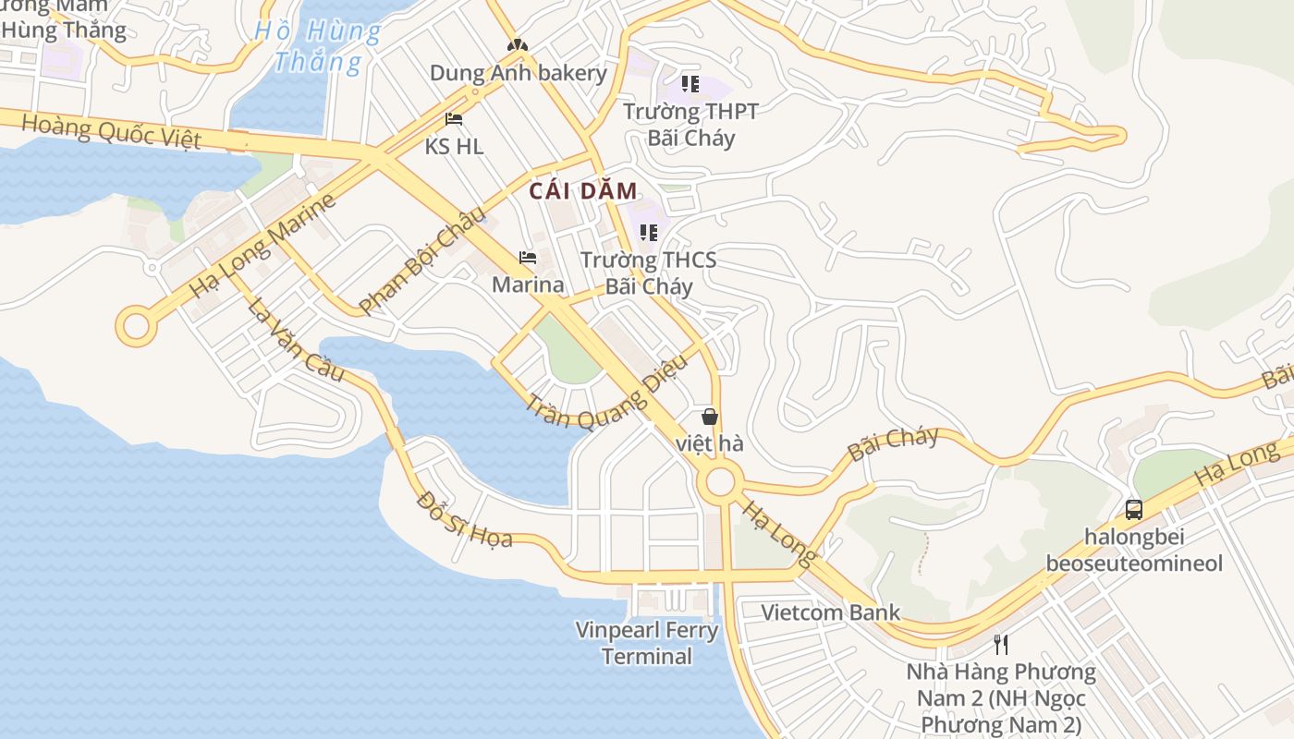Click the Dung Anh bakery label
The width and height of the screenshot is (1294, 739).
(x=518, y=73)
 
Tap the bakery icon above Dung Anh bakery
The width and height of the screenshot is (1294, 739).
(x=517, y=44)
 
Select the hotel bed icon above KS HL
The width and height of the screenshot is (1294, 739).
(x=453, y=118)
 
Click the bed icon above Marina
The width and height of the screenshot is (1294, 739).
(x=528, y=257)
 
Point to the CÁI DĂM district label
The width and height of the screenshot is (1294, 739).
(x=583, y=191)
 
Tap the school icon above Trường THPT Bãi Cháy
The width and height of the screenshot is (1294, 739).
(x=690, y=84)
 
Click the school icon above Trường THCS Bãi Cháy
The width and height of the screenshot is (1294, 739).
(x=649, y=232)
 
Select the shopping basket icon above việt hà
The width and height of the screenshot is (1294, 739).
(x=709, y=417)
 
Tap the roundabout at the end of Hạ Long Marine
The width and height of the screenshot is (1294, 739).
(x=136, y=326)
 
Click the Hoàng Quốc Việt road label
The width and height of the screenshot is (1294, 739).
(x=110, y=130)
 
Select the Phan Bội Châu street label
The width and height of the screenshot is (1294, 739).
(x=422, y=260)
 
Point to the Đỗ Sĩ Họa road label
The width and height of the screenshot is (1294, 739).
(x=464, y=519)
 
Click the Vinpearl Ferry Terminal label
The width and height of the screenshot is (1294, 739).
(x=647, y=644)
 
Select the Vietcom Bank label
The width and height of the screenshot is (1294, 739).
(x=830, y=612)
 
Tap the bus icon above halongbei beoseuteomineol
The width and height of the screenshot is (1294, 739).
(x=1134, y=509)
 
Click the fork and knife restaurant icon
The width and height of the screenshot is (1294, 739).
(x=1000, y=643)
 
